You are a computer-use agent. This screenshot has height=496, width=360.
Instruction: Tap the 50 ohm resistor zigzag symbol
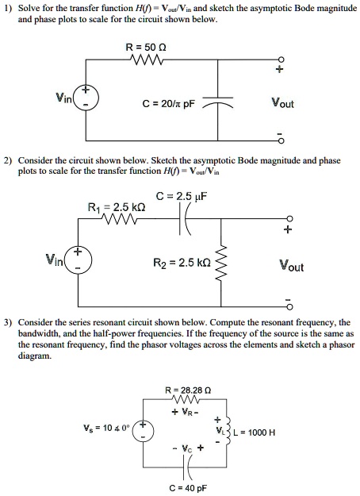[x=148, y=62]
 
